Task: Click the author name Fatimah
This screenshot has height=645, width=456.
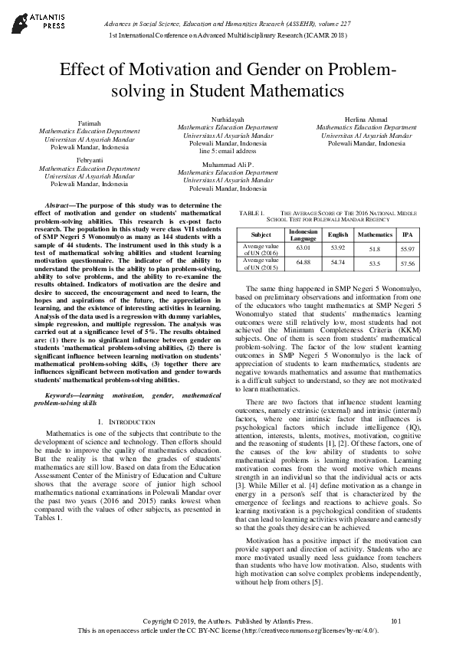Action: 90,123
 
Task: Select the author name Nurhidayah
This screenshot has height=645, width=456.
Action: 228,120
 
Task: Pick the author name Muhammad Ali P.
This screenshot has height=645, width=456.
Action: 228,165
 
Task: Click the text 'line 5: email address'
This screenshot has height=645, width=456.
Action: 228,151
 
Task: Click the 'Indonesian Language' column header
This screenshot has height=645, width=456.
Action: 303,234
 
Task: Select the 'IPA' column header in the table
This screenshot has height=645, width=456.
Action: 408,234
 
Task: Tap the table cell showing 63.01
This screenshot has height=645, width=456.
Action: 303,248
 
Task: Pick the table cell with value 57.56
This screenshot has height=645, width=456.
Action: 408,264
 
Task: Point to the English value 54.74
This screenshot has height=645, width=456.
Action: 338,263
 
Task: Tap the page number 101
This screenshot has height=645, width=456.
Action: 395,620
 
